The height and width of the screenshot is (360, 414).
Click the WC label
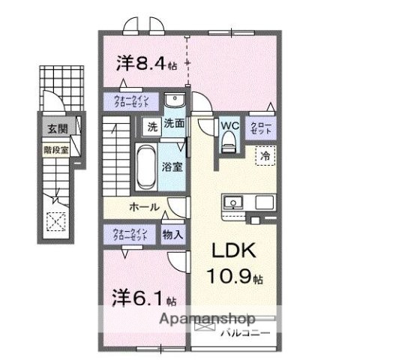click(229, 125)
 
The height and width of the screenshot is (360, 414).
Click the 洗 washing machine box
click(151, 127)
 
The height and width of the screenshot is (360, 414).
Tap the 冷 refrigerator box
click(265, 156)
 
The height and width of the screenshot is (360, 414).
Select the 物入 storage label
click(172, 234)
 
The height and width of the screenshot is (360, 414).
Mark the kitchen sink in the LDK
click(232, 202)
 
